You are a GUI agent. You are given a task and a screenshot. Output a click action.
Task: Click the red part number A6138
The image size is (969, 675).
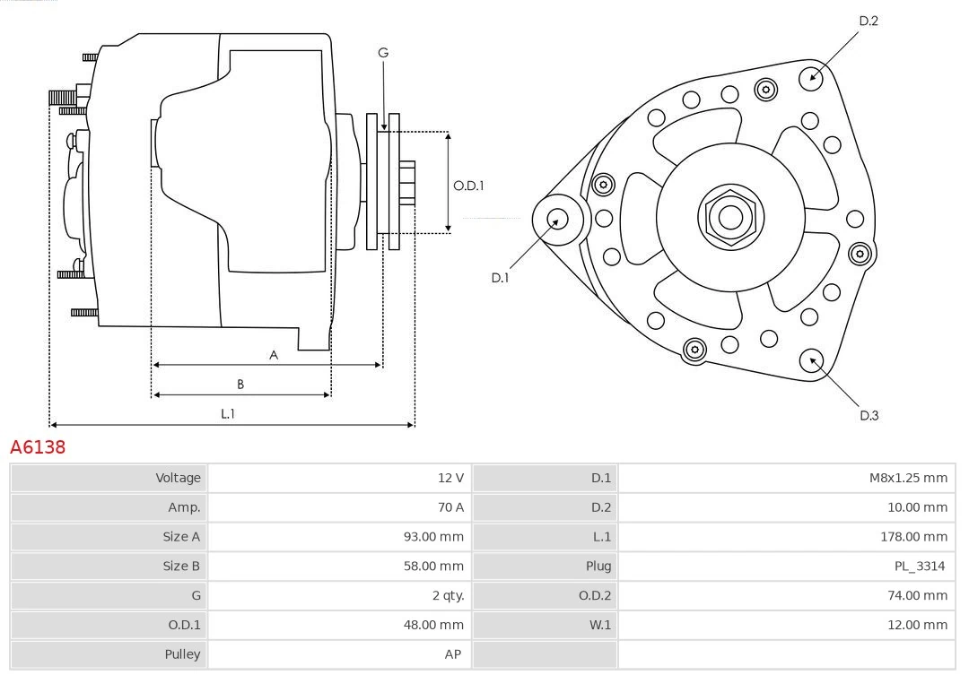click(38, 446)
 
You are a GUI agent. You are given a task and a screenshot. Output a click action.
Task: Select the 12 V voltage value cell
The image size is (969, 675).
click(450, 478)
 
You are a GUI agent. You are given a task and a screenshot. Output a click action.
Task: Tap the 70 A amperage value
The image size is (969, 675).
click(450, 507)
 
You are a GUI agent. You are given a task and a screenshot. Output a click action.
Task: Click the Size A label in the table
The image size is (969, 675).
click(181, 537)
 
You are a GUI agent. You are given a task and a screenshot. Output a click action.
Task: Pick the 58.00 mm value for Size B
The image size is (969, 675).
click(433, 566)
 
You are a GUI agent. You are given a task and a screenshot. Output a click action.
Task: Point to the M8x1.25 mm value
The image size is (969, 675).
click(907, 478)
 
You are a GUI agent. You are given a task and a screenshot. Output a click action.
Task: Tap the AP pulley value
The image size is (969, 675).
click(452, 654)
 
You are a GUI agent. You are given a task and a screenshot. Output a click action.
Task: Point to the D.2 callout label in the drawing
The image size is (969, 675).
click(869, 21)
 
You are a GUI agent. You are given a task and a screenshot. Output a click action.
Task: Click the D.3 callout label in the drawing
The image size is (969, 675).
click(869, 415)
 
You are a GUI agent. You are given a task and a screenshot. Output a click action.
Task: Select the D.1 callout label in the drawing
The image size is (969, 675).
click(500, 278)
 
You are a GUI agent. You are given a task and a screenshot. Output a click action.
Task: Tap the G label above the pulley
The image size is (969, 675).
click(383, 53)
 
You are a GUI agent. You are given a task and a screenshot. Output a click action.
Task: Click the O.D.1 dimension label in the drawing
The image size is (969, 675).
click(468, 186)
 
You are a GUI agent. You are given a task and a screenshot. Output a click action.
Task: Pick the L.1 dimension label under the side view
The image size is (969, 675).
click(228, 413)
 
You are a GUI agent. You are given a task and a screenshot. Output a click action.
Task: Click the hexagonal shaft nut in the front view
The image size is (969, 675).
click(730, 216)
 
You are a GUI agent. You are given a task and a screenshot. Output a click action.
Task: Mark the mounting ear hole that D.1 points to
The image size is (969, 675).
click(557, 219)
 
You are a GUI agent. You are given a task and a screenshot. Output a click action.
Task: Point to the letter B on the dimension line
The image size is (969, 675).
click(240, 384)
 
